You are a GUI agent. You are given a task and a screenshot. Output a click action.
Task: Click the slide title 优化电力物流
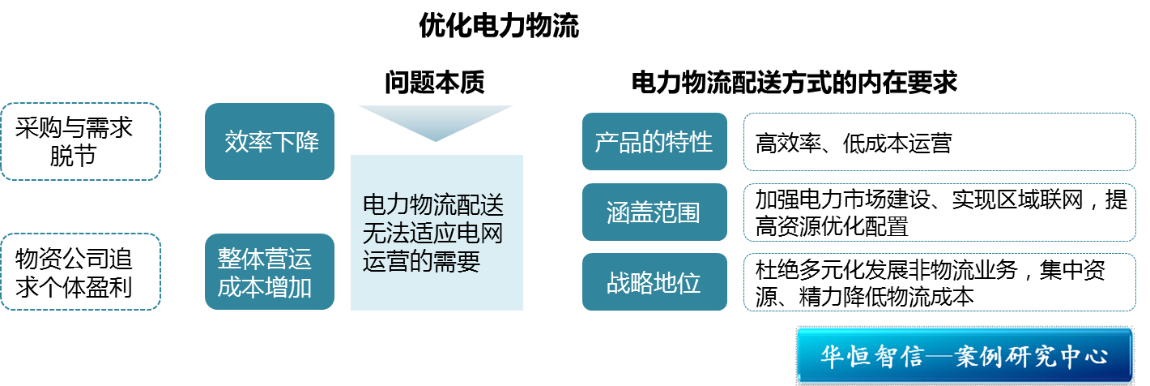[x=499, y=27]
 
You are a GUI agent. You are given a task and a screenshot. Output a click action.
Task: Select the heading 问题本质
[x=435, y=83]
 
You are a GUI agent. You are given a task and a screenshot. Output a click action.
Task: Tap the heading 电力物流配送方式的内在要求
[x=794, y=83]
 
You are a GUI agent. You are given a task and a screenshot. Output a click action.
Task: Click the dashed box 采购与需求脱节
[x=80, y=141]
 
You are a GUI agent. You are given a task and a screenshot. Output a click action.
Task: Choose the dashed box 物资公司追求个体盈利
[x=80, y=272]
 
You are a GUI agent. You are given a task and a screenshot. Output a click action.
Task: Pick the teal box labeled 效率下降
[x=270, y=142]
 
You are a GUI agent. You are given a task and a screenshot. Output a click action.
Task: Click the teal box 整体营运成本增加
[x=270, y=272]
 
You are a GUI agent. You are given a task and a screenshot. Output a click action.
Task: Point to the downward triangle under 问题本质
[x=436, y=121]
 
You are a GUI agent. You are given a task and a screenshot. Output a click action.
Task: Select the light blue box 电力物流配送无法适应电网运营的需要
[x=437, y=233]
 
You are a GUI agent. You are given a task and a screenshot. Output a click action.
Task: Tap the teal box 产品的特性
[x=654, y=142]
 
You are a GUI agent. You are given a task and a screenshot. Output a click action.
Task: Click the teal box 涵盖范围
[x=654, y=212]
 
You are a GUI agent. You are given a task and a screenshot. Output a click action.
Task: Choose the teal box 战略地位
[x=654, y=283]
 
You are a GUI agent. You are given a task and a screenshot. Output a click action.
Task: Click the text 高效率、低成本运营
[x=854, y=144]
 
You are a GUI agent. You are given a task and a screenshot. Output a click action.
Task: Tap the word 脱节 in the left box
[x=73, y=156]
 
